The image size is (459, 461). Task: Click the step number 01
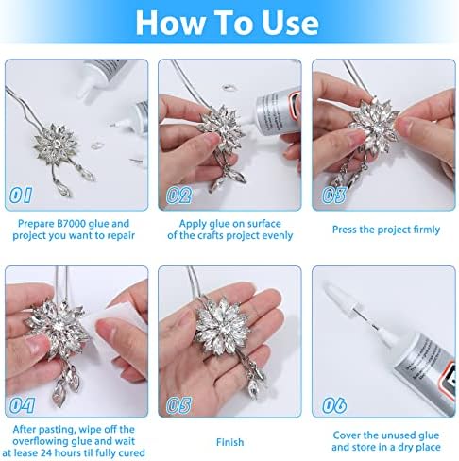pos(21,196)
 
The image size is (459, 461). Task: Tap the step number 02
pos(178,196)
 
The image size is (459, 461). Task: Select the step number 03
pos(334,196)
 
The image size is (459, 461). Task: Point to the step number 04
pos(22,405)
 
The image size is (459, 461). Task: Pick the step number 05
pos(178,405)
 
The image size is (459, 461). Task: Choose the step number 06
pos(334,405)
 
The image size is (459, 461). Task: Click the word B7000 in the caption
pos(71,224)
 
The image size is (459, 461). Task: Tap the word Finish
pos(229,442)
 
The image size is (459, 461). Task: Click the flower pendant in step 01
pos(56,145)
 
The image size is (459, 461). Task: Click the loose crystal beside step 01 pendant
pos(97,145)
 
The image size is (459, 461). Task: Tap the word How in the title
pos(171,23)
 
